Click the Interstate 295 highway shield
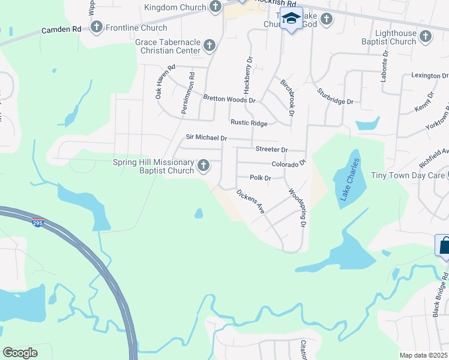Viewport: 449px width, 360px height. [x=37, y=222]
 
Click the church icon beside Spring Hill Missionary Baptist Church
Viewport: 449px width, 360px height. [x=204, y=165]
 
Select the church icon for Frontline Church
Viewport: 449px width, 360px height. [x=97, y=27]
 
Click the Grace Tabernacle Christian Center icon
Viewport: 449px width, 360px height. [x=209, y=45]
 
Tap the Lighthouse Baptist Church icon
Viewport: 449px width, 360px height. [x=424, y=37]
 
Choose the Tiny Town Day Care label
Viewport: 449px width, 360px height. [x=408, y=175]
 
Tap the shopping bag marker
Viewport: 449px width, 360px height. [x=445, y=245]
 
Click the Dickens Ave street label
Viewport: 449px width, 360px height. [x=250, y=202]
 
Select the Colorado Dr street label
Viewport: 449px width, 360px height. [x=289, y=163]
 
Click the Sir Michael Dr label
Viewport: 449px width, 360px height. [x=206, y=138]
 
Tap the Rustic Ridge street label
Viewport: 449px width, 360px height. [x=249, y=123]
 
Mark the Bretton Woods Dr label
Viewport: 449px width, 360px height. [x=229, y=99]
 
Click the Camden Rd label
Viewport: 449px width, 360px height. [x=61, y=29]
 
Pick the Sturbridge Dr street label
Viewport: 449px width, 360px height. [x=335, y=97]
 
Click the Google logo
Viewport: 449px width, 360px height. [x=20, y=353]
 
